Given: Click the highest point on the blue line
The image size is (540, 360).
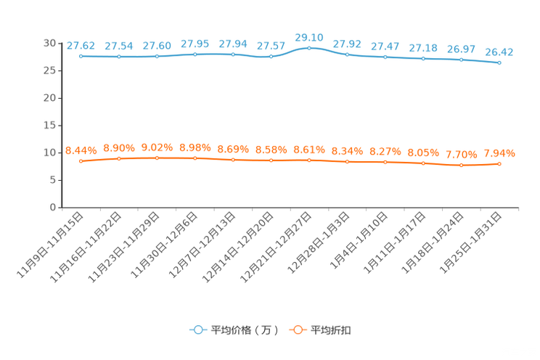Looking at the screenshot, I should coord(309,48).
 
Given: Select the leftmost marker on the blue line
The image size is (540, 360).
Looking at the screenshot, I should coord(81,56).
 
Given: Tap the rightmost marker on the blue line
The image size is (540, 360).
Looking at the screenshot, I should coord(499,63).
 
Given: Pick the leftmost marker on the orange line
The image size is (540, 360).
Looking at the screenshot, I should coord(81,161).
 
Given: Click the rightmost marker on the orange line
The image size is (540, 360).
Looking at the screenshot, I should coord(499,164).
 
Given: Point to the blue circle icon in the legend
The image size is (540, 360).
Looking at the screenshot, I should coord(197,330).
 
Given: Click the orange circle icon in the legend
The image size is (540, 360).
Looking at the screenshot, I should coord(297,330).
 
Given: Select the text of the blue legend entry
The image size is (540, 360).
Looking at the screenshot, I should coord(245,330).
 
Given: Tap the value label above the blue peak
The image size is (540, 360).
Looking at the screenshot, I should coord(308,37).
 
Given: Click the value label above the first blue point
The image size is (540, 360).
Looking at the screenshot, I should coord(81,45).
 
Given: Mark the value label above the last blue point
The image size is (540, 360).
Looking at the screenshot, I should coord(499,52).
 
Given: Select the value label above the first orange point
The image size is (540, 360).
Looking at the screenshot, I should coord(81,150).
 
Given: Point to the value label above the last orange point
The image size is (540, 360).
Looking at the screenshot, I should coord(499,153).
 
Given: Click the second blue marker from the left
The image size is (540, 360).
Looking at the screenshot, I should coord(118,57).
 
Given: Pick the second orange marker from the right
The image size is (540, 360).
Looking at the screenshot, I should coord(461,165).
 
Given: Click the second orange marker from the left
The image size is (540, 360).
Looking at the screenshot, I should coord(118,158).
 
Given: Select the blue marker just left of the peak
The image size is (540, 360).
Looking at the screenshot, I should coord(271,57).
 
